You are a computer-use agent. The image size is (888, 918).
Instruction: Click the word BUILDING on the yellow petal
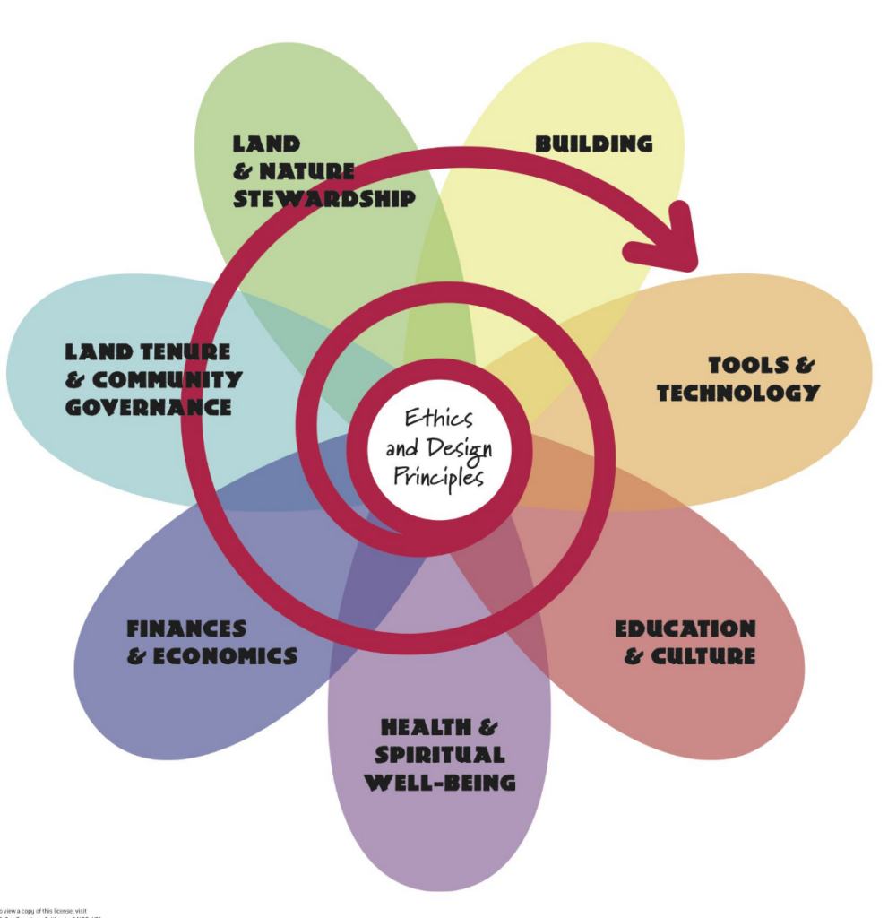tap(593, 143)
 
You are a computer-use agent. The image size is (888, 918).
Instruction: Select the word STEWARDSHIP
tap(324, 198)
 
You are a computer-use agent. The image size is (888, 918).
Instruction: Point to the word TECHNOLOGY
tap(737, 393)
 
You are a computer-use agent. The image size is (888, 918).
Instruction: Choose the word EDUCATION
tap(685, 628)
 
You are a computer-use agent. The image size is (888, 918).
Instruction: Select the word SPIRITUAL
tap(439, 755)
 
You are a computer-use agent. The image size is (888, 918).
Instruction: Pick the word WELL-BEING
tap(439, 783)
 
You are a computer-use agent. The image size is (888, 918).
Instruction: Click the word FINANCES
tap(185, 628)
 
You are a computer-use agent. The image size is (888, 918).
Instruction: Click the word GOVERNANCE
tap(148, 407)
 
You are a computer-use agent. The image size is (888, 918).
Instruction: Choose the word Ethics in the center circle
tap(438, 418)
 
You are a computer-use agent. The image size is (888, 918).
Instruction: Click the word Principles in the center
tap(438, 475)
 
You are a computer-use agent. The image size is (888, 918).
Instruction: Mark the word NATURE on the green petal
tap(306, 170)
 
